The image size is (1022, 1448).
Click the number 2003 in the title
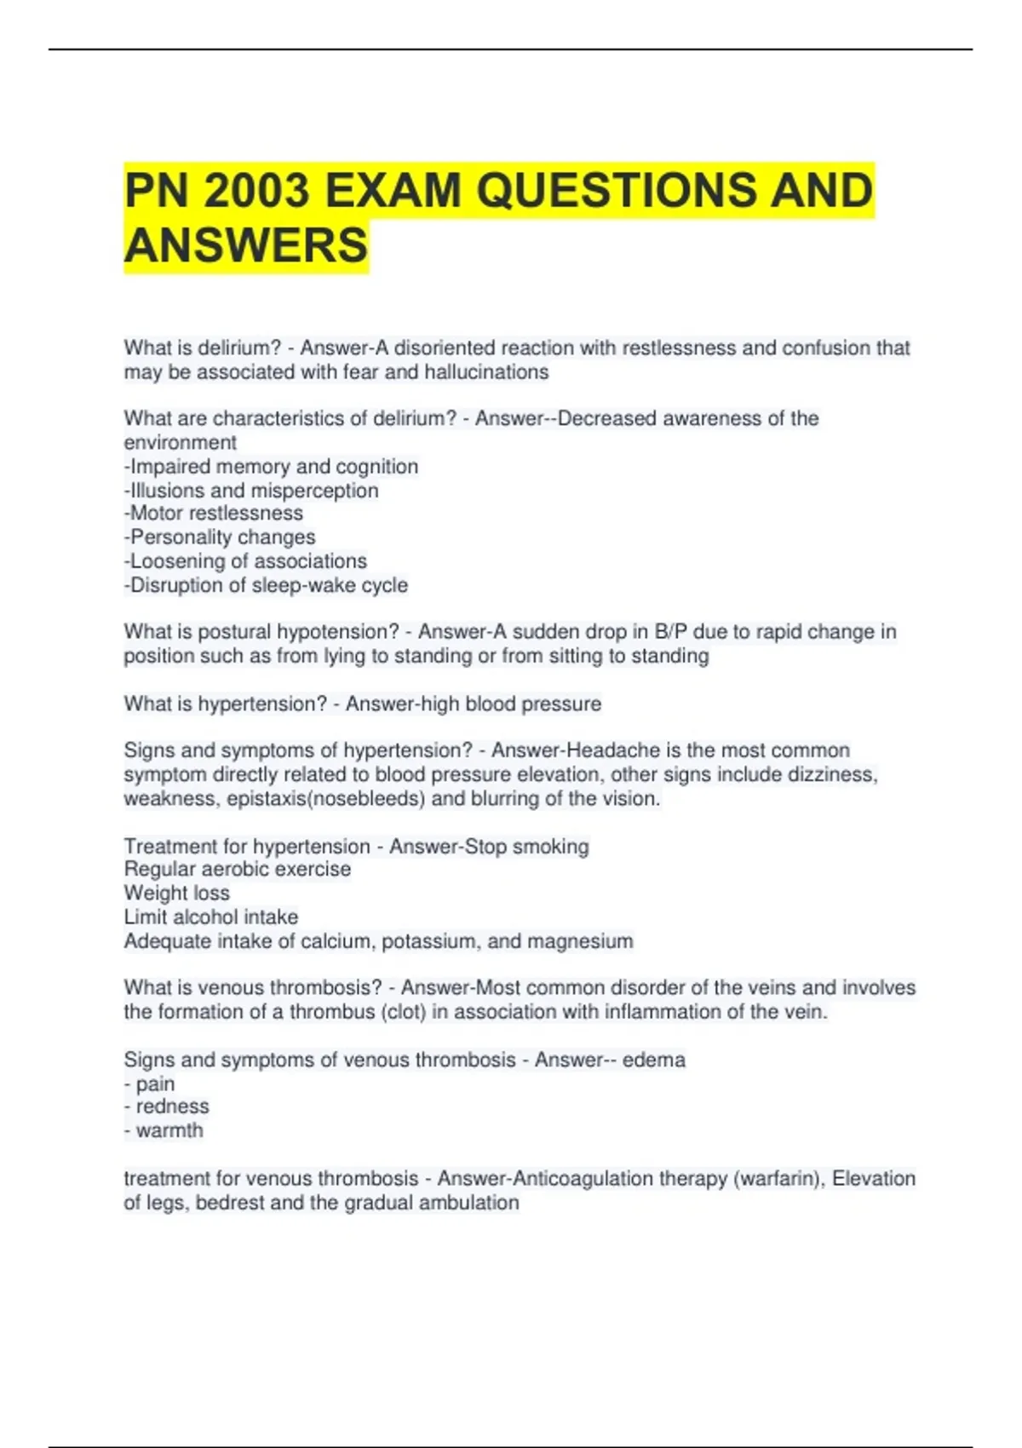pos(256,190)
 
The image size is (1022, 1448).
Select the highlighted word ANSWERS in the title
pos(246,246)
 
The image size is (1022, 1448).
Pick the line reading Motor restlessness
pos(214,514)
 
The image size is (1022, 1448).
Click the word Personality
pos(178,537)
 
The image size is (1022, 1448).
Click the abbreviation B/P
pos(670,632)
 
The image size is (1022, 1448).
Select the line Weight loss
pos(176,894)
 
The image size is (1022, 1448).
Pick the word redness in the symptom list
pos(172,1106)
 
